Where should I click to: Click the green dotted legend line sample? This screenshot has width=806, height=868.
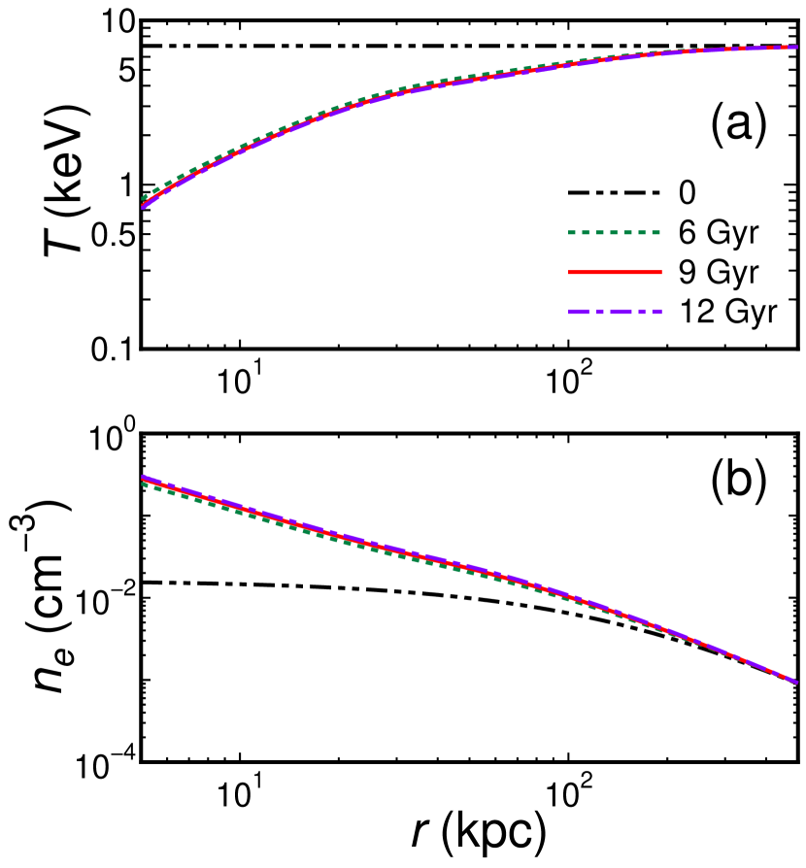pos(615,233)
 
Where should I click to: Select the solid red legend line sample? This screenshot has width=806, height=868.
pos(615,273)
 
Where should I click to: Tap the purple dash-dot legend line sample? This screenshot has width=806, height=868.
pos(615,312)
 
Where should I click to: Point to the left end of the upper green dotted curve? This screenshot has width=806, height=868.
pos(144,198)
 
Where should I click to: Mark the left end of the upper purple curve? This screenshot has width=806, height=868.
pos(144,207)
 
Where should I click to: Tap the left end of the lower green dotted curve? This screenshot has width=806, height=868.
pos(144,484)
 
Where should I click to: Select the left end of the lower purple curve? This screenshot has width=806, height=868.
pos(144,476)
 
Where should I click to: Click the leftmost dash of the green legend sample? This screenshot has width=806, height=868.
pos(572,233)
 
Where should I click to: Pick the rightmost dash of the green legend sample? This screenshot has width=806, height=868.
pos(657,233)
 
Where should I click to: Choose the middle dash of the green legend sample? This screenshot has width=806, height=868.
pos(615,233)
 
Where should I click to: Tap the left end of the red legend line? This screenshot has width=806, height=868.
pos(570,273)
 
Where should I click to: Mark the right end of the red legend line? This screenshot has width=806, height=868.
pos(660,273)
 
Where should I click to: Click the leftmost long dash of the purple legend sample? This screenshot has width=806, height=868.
pos(579,312)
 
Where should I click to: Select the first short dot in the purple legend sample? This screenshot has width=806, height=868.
pos(600,312)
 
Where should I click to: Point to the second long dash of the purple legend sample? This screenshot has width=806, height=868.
pos(621,312)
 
